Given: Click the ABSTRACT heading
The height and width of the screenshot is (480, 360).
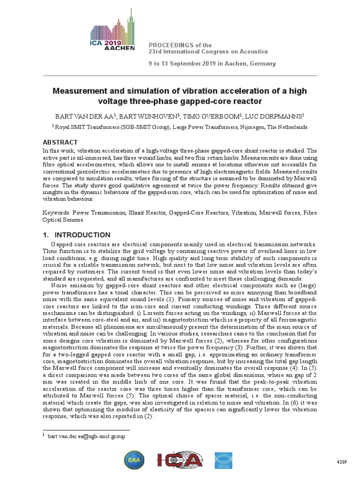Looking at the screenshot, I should pos(60,142).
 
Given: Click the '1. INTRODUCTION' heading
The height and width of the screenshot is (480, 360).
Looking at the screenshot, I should pos(77,235).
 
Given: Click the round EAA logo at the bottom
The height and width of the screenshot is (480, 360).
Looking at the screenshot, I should pos(134,460).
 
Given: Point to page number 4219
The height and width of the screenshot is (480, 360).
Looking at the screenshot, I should pos(341,462).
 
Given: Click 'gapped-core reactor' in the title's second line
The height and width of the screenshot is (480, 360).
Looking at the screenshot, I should pos(221,101).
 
